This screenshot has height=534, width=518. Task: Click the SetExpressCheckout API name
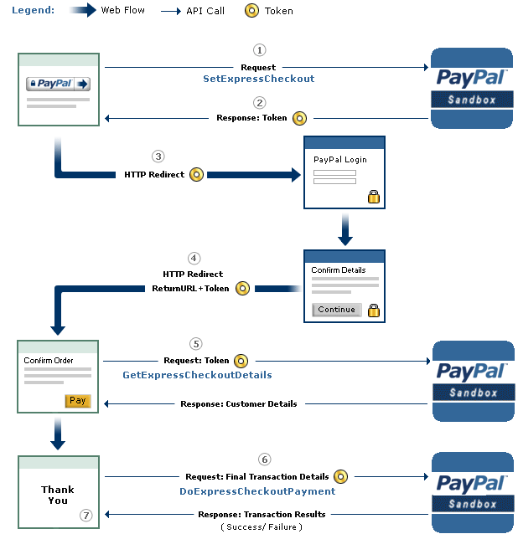tap(259, 79)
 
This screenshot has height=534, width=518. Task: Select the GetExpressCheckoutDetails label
tap(197, 375)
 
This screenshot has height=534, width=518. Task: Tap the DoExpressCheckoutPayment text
tap(257, 491)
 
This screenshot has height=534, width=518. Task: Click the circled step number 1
tap(259, 50)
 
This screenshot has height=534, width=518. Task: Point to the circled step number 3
tap(158, 156)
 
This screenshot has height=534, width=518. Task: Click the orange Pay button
tap(77, 401)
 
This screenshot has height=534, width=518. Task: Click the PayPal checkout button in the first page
tap(58, 84)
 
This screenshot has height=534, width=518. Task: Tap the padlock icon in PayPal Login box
tap(373, 197)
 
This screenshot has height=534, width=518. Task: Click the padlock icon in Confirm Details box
tap(373, 311)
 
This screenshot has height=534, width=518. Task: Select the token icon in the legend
tap(251, 11)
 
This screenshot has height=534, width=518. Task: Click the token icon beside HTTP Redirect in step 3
tap(196, 175)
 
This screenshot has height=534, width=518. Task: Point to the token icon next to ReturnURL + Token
tap(242, 288)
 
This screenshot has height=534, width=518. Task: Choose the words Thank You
tap(58, 495)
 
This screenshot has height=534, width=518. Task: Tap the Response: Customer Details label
tap(238, 404)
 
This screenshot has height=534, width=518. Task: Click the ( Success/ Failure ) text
tap(262, 527)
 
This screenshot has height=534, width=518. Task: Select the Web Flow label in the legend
tap(122, 11)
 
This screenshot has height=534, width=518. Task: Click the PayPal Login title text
tap(339, 159)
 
